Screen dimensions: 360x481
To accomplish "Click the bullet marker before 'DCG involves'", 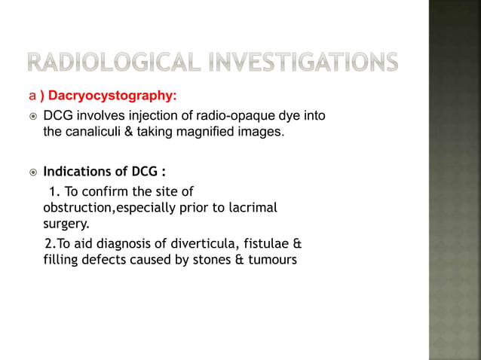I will tap(31, 116).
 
